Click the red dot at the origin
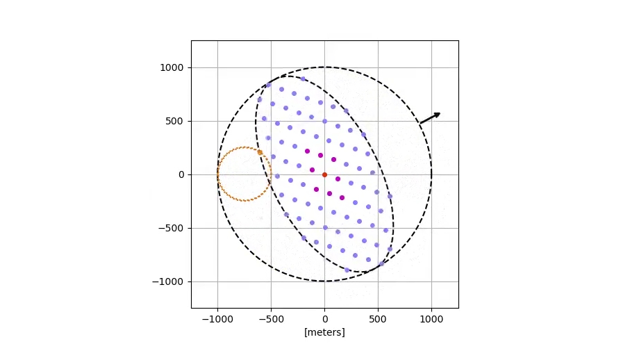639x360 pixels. click(324, 174)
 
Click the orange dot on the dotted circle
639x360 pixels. click(260, 152)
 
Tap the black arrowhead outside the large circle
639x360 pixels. click(437, 114)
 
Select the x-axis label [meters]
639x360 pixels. click(324, 332)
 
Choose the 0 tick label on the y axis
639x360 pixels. click(182, 174)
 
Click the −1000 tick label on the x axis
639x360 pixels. click(217, 319)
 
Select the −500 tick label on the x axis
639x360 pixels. click(271, 319)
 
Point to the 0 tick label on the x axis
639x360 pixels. click(324, 319)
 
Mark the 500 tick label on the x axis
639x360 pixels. click(378, 319)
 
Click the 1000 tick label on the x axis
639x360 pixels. click(431, 319)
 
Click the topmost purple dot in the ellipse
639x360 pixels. click(303, 79)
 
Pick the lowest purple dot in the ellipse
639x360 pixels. click(347, 270)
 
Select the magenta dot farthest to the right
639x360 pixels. click(342, 197)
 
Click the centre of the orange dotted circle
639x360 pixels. click(244, 174)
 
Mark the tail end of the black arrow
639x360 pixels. click(420, 124)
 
